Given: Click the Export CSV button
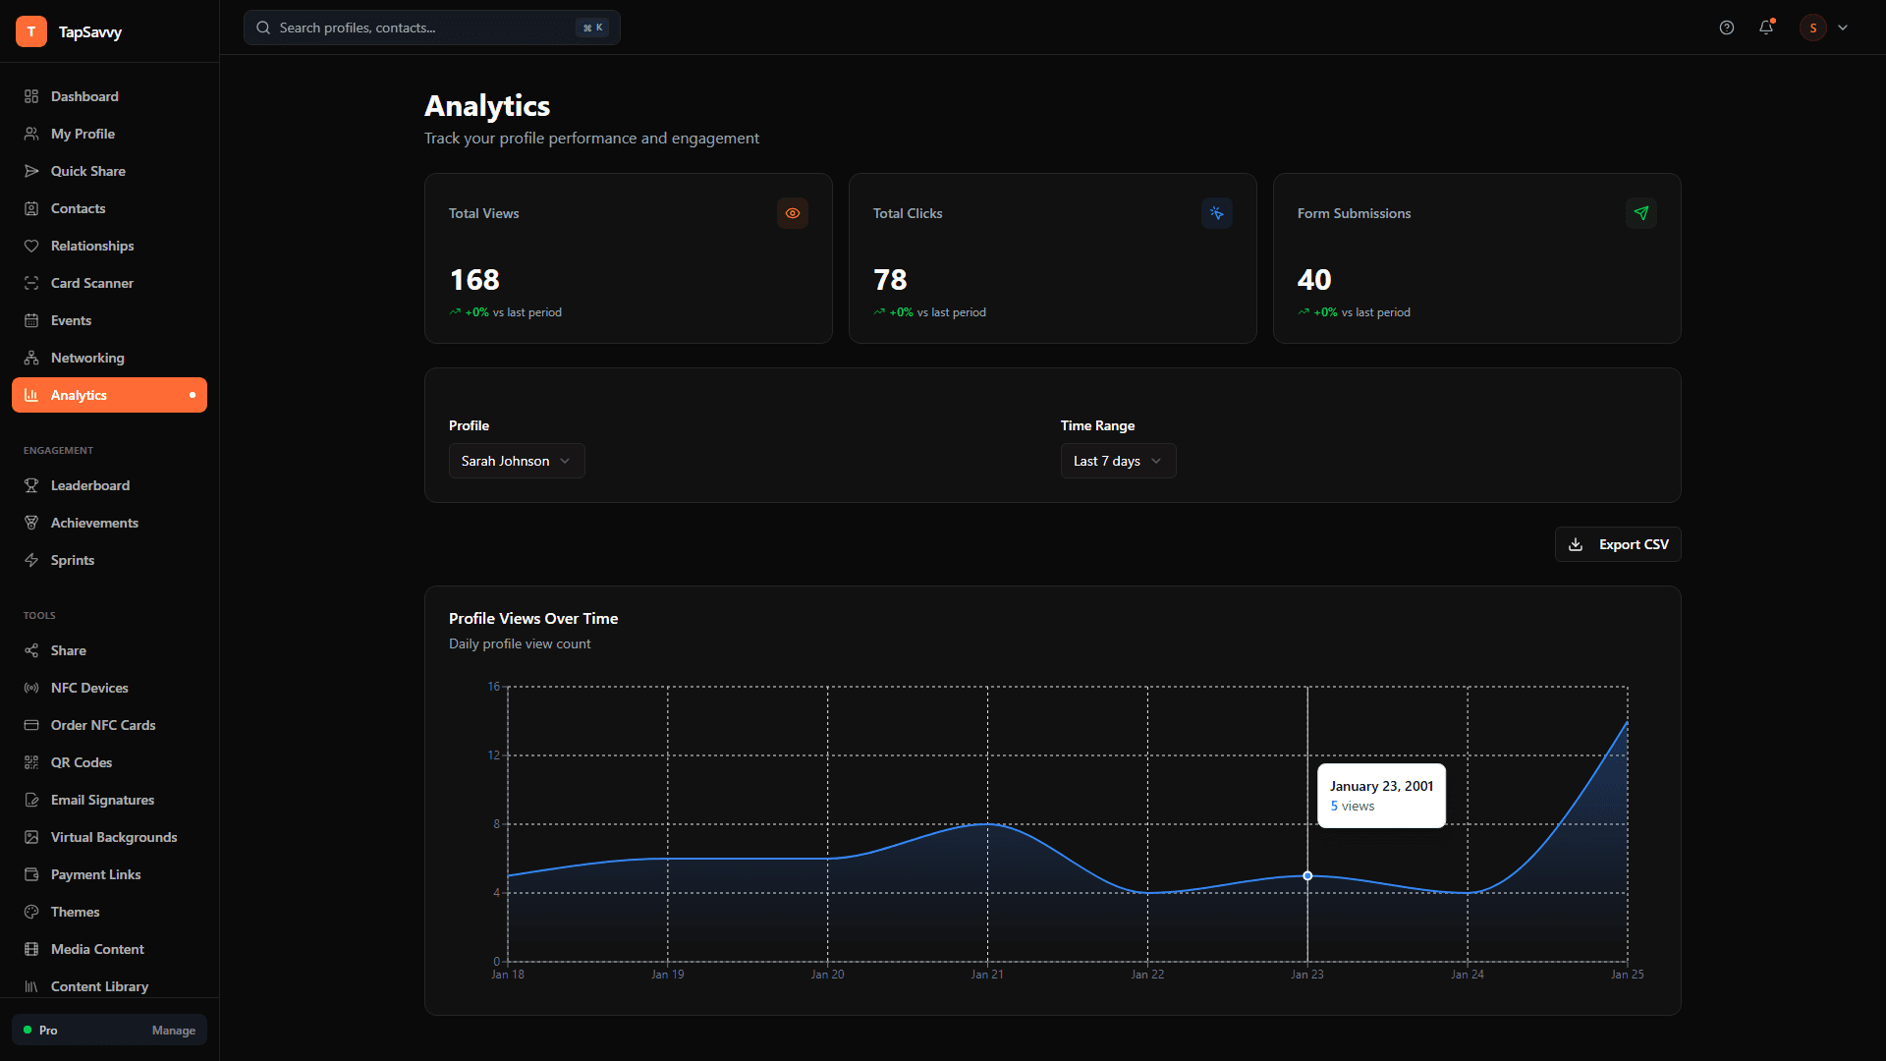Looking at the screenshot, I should click(1618, 544).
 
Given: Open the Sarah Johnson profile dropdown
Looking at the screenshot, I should click(517, 461).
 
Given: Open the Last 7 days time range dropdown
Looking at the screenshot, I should click(1118, 461).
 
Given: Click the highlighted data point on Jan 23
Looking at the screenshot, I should click(1307, 875).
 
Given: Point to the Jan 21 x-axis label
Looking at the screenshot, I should click(987, 975).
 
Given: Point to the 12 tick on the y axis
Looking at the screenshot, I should click(494, 754).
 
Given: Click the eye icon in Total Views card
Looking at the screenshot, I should click(793, 213).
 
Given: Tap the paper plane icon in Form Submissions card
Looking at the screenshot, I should click(1641, 213).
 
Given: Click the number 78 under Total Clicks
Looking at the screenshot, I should click(890, 280).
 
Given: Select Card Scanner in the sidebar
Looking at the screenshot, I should click(91, 283).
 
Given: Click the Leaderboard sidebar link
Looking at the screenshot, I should click(89, 485).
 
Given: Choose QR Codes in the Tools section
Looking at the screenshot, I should click(81, 762).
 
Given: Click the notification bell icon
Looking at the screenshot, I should click(1766, 28).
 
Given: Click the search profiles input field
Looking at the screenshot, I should click(422, 28).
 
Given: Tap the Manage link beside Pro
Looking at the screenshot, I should click(173, 1031).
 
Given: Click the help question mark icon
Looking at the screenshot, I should click(1727, 28).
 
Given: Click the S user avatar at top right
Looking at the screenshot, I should click(1813, 28).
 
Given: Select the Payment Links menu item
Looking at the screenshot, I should click(95, 874).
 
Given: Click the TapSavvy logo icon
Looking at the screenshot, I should click(31, 31).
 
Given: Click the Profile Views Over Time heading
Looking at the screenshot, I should click(533, 618).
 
